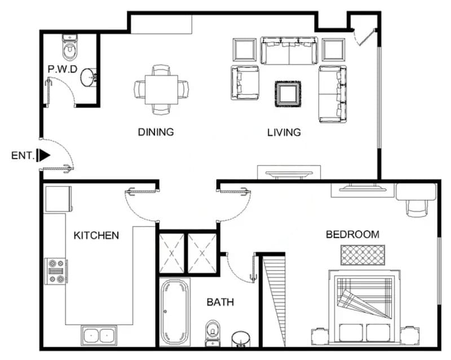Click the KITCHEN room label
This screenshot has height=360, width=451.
pos(96,235)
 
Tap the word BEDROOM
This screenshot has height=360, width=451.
pos(352,234)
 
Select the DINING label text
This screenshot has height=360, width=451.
pos(156,132)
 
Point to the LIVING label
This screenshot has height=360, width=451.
pos(284,132)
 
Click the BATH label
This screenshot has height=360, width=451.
pos(220,302)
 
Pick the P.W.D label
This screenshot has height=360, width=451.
pos(63,69)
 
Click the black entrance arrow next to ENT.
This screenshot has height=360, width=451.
pos(45,155)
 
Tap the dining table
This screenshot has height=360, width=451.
pos(161,90)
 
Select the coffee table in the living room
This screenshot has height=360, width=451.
pos(288,94)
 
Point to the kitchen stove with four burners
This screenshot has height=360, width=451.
pos(56,271)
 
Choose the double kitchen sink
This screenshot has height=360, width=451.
pos(99,336)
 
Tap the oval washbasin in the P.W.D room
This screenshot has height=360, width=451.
pos(89,77)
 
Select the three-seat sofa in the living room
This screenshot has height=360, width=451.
pos(289,50)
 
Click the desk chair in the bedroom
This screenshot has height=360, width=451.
pos(417,208)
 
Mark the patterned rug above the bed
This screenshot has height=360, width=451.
pos(362,255)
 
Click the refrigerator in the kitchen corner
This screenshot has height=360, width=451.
pos(58,199)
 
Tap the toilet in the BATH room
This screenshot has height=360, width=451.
pos(213,333)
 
